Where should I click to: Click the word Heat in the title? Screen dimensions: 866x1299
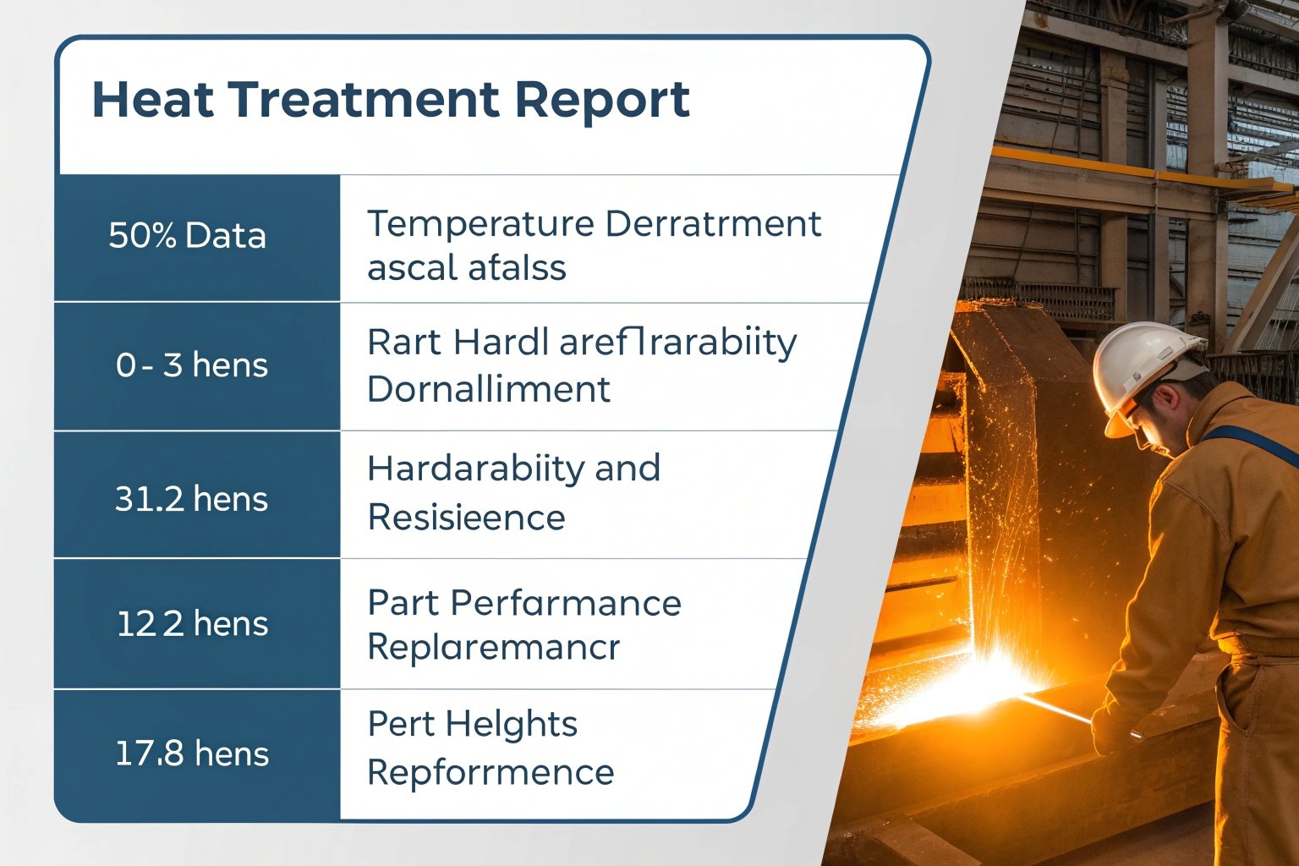coord(152,100)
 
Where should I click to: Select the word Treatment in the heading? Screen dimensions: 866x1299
coord(366,100)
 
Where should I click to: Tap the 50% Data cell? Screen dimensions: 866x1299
coord(187,236)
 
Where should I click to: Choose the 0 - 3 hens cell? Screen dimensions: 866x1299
coord(192,365)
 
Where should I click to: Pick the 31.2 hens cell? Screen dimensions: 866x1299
coord(191,499)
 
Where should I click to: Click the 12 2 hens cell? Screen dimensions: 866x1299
coord(192,624)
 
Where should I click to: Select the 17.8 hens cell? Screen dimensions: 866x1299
coord(192,754)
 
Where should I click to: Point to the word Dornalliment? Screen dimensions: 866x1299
coord(488,390)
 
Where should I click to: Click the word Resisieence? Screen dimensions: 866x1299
coord(466,518)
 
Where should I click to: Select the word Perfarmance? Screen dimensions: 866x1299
coord(566,604)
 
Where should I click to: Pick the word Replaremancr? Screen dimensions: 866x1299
coord(493,648)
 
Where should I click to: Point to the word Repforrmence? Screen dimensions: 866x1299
coord(491,773)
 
